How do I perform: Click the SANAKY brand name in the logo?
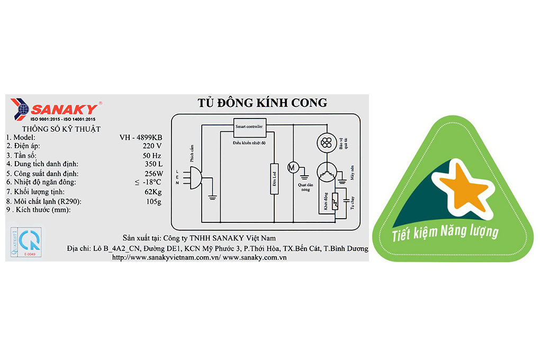point(65,110)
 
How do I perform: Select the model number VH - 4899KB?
point(141,137)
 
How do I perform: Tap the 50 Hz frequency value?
point(152,155)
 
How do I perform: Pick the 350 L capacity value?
point(152,164)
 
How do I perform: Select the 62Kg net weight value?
point(152,191)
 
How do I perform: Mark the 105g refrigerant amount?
point(153,201)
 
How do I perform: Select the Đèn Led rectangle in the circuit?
point(274,179)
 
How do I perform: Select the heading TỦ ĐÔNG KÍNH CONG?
point(262,103)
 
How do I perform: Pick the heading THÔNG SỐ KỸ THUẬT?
point(61,129)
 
